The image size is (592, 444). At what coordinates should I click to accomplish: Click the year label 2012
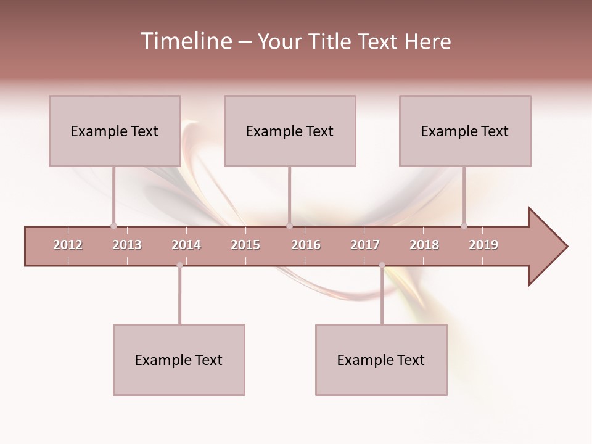tap(68, 245)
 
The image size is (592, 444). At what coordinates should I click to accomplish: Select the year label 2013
tap(127, 245)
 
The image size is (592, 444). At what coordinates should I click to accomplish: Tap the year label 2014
tap(186, 245)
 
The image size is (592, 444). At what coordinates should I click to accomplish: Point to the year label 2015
tap(245, 245)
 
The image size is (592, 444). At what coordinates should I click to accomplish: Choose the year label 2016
tap(306, 245)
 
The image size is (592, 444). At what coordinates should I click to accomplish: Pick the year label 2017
tap(365, 245)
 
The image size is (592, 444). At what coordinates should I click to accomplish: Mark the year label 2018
tap(424, 245)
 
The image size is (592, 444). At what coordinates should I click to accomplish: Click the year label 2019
tap(483, 245)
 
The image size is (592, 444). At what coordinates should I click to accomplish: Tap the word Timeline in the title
tap(185, 41)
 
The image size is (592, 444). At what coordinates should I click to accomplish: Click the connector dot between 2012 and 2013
tap(113, 226)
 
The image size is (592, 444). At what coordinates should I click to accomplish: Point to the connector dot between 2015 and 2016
tap(289, 226)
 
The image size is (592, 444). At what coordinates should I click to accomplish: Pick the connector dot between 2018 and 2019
tap(464, 226)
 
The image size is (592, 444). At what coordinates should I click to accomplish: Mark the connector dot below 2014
tap(179, 265)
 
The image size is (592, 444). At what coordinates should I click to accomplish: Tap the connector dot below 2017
tap(382, 265)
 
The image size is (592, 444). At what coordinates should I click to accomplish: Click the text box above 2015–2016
tap(290, 131)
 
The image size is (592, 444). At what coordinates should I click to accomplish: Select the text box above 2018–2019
tap(465, 131)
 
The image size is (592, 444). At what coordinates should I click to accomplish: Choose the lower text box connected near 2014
tap(179, 360)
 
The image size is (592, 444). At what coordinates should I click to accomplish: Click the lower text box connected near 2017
tap(381, 360)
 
